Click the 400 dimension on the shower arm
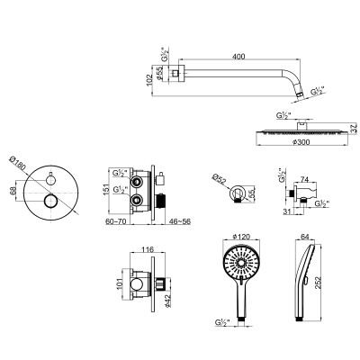(239, 57)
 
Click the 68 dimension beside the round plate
(13, 191)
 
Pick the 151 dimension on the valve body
(106, 190)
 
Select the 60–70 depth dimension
(115, 221)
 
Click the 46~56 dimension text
(180, 221)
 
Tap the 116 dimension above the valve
(148, 249)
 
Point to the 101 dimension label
(120, 284)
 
